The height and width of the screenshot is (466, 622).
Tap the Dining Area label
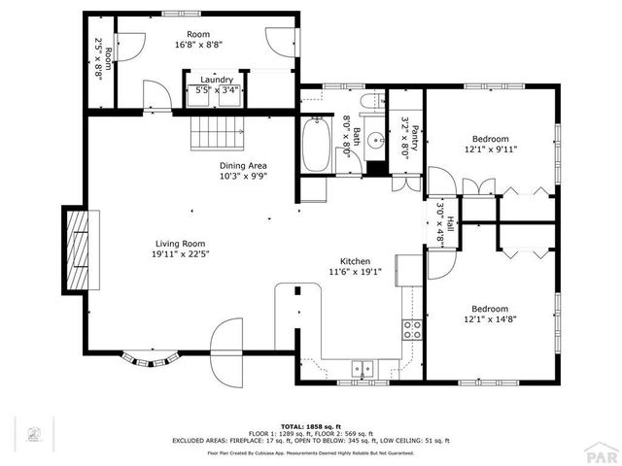pyautogui.click(x=242, y=165)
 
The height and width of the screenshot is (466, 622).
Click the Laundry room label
pyautogui.click(x=217, y=81)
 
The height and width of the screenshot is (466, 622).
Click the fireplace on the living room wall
pyautogui.click(x=79, y=250)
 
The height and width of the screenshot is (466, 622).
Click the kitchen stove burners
pyautogui.click(x=412, y=328)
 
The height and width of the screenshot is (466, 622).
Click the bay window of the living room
pyautogui.click(x=151, y=359)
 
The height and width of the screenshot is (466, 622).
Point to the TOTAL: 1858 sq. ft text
pyautogui.click(x=311, y=425)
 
